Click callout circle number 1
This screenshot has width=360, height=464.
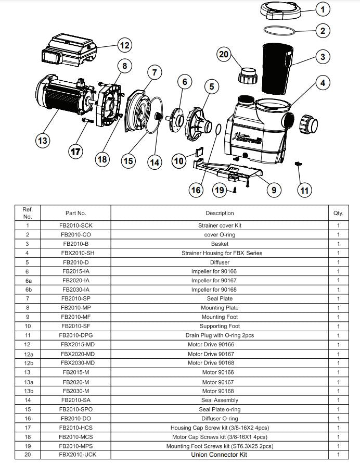point(323,9)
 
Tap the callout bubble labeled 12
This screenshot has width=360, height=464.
point(124,45)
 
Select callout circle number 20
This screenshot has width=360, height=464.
point(223,55)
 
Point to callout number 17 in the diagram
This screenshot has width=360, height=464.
point(76,152)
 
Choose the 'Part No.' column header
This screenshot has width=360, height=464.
point(75,213)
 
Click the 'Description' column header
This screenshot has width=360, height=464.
point(220,213)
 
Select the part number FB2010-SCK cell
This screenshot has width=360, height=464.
point(75,225)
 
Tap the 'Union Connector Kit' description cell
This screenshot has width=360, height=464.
point(220,455)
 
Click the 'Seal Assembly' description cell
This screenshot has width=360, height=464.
point(220,400)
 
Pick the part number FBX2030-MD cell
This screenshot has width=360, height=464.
point(75,363)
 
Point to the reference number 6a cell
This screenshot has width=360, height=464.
point(28,281)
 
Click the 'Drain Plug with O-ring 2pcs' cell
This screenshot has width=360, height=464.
point(220,335)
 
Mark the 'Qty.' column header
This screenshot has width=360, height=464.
point(338,213)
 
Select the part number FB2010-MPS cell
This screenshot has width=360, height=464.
point(75,446)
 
